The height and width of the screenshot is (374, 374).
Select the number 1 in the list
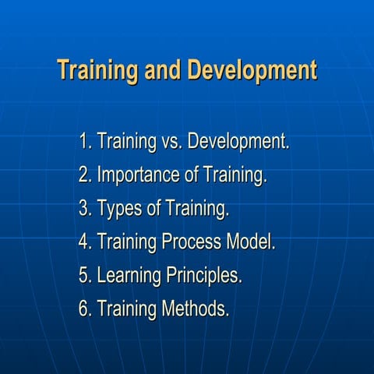[x=83, y=143]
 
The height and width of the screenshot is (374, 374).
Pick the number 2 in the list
[x=84, y=176]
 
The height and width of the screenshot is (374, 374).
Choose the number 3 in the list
[x=84, y=210]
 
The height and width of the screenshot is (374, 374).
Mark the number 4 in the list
[x=84, y=242]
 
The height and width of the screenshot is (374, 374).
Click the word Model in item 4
[x=250, y=242]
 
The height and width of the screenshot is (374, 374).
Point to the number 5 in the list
[x=84, y=276]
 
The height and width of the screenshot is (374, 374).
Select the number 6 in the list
[x=84, y=309]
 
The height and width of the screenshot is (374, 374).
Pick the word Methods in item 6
[x=196, y=309]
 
